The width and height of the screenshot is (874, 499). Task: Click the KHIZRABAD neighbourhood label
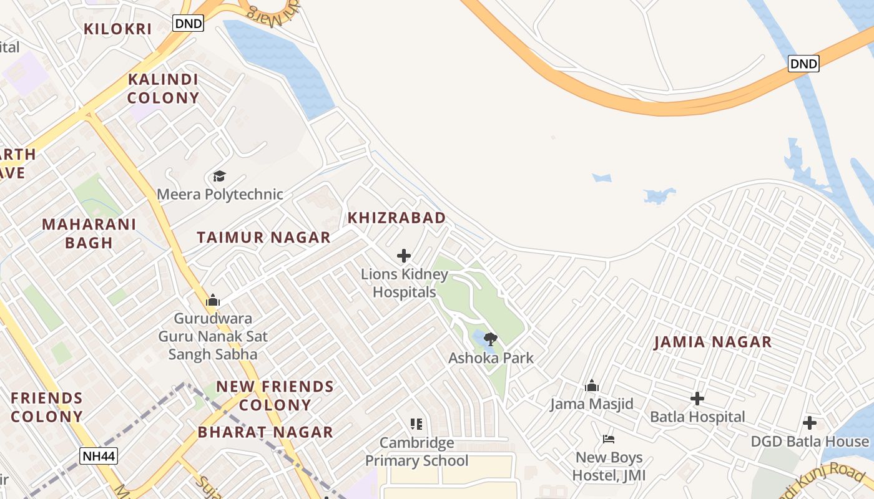click(x=396, y=218)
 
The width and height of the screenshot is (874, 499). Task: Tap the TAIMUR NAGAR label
click(x=263, y=238)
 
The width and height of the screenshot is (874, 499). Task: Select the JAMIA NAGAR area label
click(x=712, y=342)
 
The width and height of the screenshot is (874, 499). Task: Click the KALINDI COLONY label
click(x=163, y=89)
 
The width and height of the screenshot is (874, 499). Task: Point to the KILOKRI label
click(x=118, y=29)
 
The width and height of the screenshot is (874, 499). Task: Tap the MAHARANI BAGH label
click(x=89, y=233)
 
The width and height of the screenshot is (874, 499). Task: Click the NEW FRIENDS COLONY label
click(x=275, y=395)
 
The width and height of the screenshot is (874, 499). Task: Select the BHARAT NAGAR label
click(x=265, y=432)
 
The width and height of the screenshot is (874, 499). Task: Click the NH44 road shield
click(x=99, y=456)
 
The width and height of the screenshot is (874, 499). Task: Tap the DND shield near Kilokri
click(x=188, y=24)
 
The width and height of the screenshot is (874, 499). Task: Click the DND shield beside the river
click(x=803, y=63)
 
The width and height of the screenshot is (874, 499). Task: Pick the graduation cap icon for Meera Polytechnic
click(x=219, y=177)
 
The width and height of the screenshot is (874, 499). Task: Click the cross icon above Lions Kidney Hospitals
click(x=404, y=256)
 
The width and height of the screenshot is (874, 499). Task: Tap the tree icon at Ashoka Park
click(x=491, y=339)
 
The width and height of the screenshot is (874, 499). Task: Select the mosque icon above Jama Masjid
click(x=592, y=385)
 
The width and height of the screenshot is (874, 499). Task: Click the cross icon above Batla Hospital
click(x=697, y=399)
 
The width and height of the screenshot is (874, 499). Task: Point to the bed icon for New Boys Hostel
click(x=609, y=439)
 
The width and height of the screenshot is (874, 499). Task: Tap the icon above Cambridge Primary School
click(x=416, y=424)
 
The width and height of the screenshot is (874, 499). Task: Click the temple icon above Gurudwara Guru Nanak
click(x=213, y=301)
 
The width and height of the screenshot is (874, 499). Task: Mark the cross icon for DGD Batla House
click(x=809, y=423)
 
